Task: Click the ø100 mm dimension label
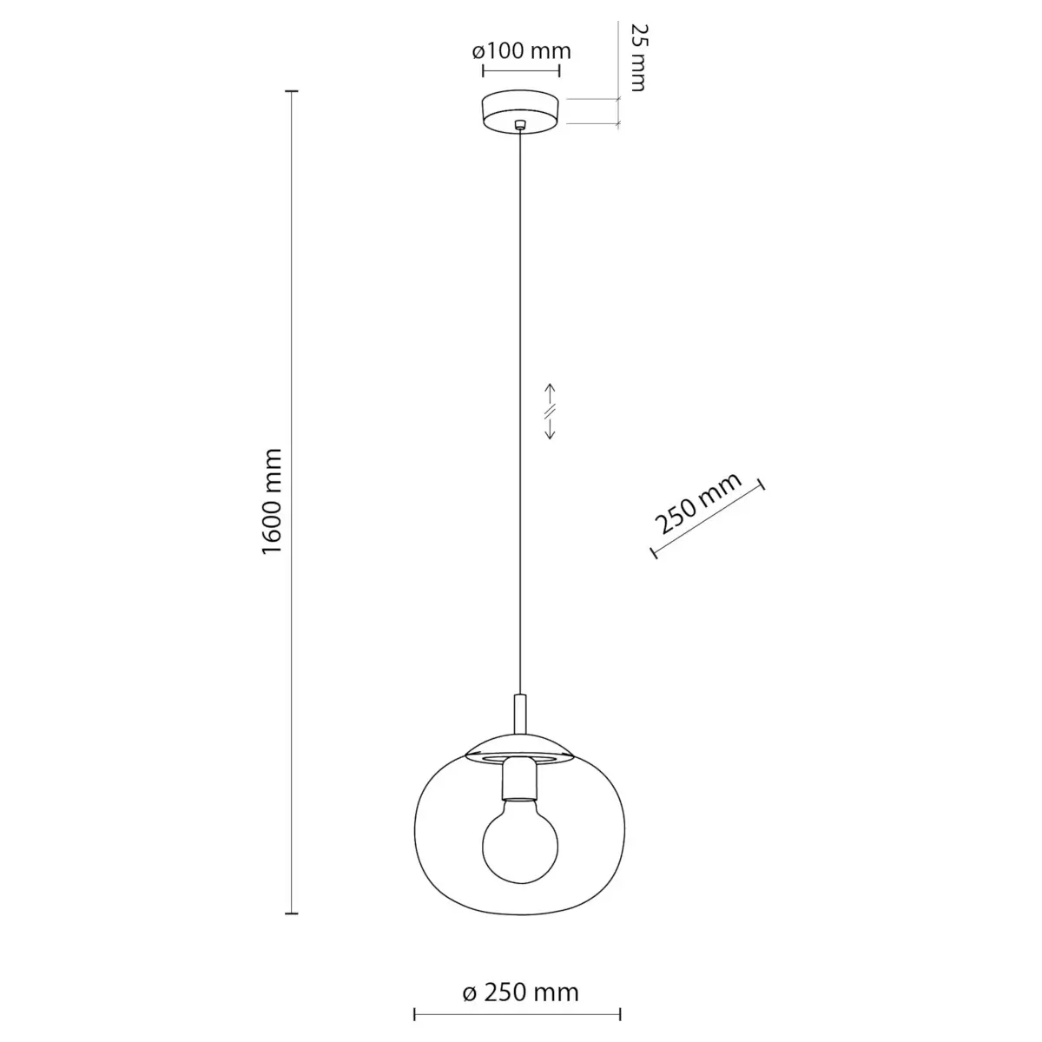coord(521,51)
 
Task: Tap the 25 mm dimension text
coord(638,57)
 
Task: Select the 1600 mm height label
coord(272,501)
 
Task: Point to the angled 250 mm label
coord(697,503)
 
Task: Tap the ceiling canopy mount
coord(520,111)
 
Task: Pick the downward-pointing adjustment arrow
coord(550,429)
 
